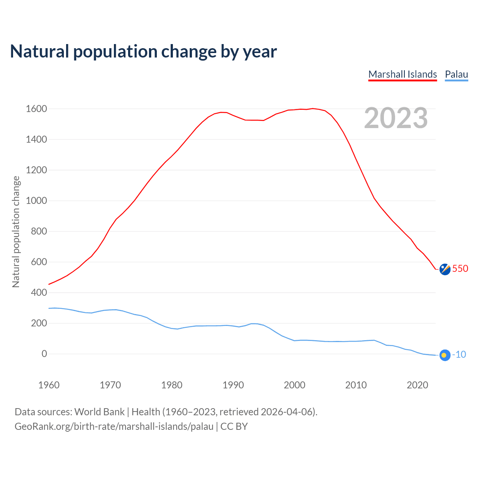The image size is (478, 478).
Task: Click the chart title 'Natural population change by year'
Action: [143, 52]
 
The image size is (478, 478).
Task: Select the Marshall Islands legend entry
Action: [403, 74]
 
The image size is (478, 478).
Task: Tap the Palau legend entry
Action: [456, 74]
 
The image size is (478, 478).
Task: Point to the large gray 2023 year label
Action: [396, 118]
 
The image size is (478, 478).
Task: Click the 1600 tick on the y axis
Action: [36, 109]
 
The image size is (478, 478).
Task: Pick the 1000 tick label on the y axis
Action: [36, 201]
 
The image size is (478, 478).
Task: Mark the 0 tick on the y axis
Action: [44, 354]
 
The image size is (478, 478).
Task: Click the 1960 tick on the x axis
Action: [49, 385]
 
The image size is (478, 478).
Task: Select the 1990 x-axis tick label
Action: [233, 385]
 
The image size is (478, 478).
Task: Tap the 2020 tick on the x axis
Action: [417, 385]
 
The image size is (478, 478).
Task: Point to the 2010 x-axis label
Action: [356, 385]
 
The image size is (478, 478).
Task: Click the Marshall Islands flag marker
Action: [445, 269]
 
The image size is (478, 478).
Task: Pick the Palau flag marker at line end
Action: [445, 355]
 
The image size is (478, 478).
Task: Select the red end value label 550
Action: [460, 269]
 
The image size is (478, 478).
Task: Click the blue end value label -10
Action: [459, 355]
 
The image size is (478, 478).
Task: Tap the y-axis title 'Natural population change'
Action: [16, 232]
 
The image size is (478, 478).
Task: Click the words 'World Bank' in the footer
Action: [99, 412]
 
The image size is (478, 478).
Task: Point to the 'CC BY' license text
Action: [234, 426]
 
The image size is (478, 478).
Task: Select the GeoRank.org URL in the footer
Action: [114, 426]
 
